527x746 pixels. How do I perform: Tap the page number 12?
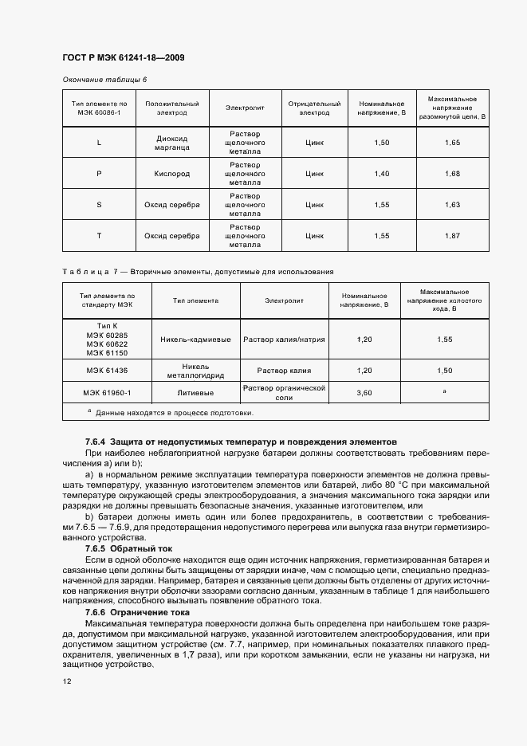[x=66, y=682]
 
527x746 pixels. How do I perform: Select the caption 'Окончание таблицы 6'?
[x=104, y=80]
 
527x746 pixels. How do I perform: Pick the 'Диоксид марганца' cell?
[x=172, y=142]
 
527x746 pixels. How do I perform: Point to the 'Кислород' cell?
[x=172, y=173]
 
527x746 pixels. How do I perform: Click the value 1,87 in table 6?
[x=453, y=236]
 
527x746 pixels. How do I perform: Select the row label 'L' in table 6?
[x=99, y=142]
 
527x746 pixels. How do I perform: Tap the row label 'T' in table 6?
[x=99, y=236]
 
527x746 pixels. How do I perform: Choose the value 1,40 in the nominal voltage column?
[x=383, y=173]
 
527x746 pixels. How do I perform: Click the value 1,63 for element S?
[x=453, y=205]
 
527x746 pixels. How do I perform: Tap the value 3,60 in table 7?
[x=364, y=393]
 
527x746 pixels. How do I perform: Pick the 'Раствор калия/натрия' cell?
[x=285, y=340]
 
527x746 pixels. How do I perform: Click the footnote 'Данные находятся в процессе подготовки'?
[x=175, y=413]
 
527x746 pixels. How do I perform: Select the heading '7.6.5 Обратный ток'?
[x=128, y=549]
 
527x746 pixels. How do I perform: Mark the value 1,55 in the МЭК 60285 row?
[x=445, y=340]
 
